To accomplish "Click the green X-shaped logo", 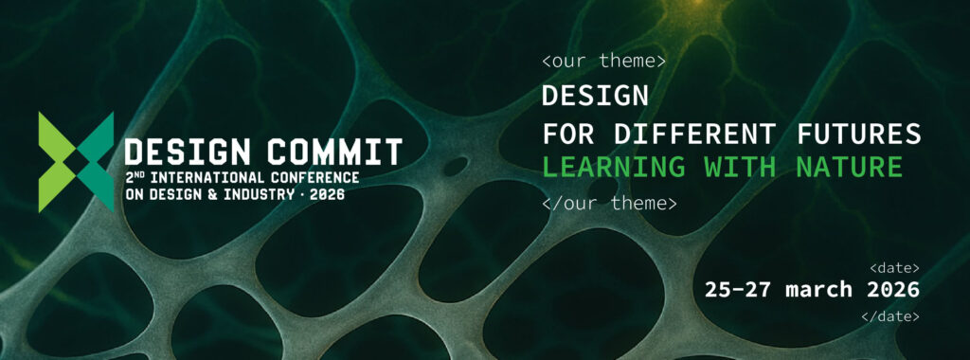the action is (x=76, y=162).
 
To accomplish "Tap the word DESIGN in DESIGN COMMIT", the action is (x=188, y=153).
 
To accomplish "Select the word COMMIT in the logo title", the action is (x=334, y=153).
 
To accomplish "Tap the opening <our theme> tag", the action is (x=603, y=62).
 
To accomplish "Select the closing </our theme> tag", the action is (x=609, y=203).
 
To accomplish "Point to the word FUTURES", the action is (x=856, y=134).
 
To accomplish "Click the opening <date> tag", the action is (x=894, y=268).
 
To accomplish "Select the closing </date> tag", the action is (x=890, y=316).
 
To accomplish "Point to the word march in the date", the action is (x=819, y=289).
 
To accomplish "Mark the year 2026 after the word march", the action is (x=893, y=289).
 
